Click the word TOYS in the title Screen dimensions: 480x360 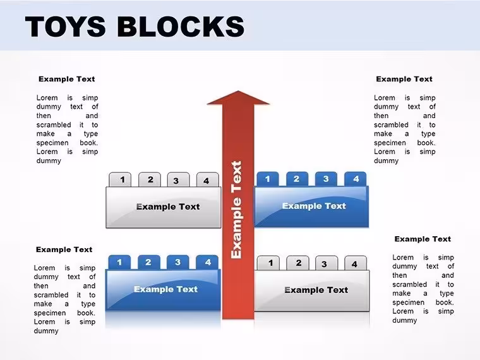65,27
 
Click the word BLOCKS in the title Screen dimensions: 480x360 181,27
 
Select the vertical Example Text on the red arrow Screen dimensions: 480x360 237,210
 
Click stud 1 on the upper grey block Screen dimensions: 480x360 120,179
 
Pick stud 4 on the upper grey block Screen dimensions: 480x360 208,180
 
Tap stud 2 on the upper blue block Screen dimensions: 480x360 297,179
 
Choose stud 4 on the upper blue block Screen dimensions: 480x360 356,179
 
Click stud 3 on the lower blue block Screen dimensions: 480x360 178,262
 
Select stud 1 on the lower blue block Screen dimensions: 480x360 120,262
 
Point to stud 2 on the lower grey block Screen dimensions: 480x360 298,263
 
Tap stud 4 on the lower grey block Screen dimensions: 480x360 356,263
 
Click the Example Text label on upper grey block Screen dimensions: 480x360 168,207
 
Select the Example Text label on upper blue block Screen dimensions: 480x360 314,206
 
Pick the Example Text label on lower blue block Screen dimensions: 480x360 165,289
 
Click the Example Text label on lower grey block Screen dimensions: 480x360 316,290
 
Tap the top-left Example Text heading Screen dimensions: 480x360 67,80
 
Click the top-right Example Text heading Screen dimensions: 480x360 404,80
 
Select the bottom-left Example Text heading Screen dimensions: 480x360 64,249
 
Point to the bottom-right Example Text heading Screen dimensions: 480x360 423,239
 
